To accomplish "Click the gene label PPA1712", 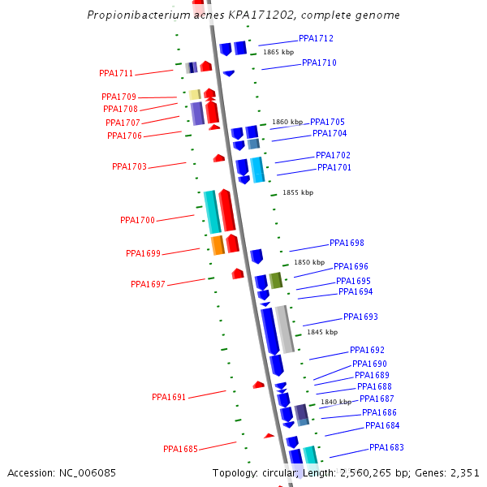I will pyautogui.click(x=316, y=38).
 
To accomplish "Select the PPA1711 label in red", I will pyautogui.click(x=116, y=74).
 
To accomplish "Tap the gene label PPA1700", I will pyautogui.click(x=137, y=220).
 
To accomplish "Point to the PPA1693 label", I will pyautogui.click(x=360, y=317).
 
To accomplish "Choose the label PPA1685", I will pyautogui.click(x=180, y=449).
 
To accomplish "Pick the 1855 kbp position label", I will pyautogui.click(x=297, y=193).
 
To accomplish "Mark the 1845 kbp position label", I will pyautogui.click(x=321, y=332).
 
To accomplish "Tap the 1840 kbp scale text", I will pyautogui.click(x=335, y=402).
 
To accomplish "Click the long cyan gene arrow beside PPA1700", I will pyautogui.click(x=212, y=212).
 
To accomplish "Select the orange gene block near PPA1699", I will pyautogui.click(x=218, y=244).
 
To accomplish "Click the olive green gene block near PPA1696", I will pyautogui.click(x=276, y=281).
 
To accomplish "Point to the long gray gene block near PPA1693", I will pyautogui.click(x=284, y=329).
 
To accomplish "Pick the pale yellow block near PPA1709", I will pyautogui.click(x=195, y=95).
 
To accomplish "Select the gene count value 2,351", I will pyautogui.click(x=464, y=472).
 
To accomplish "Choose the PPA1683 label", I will pyautogui.click(x=386, y=447).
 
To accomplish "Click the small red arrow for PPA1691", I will pyautogui.click(x=259, y=385).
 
